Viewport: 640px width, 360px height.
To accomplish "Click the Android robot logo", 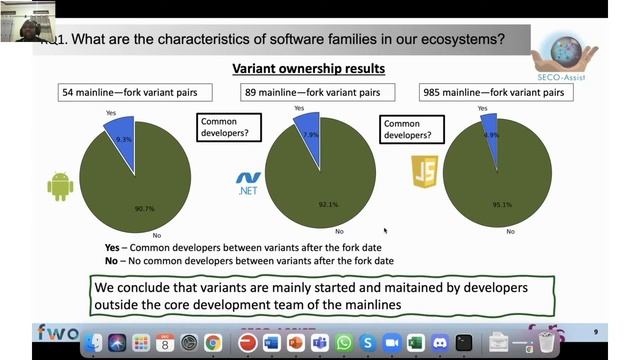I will point(60,186).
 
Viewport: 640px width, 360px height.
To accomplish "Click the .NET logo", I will point(248,184).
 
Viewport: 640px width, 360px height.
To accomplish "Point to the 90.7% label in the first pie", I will point(145,208).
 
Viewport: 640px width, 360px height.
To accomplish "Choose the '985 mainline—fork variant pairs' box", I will point(509,92).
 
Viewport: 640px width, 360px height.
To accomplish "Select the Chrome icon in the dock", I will point(213,343).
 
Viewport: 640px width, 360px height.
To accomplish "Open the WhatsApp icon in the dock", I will point(344,343).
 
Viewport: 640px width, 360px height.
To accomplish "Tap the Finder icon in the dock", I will point(93,343).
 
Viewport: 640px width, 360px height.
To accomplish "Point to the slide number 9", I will point(596,332).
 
